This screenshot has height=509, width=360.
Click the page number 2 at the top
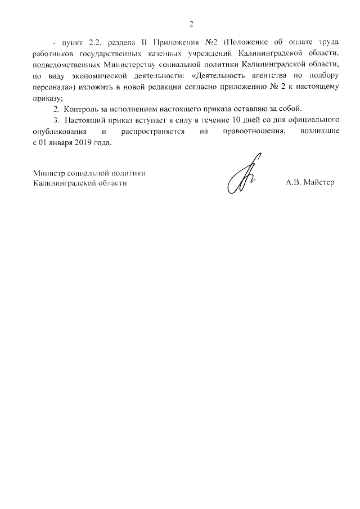[191, 24]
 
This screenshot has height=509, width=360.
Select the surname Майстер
[319, 183]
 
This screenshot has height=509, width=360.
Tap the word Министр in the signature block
[48, 173]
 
